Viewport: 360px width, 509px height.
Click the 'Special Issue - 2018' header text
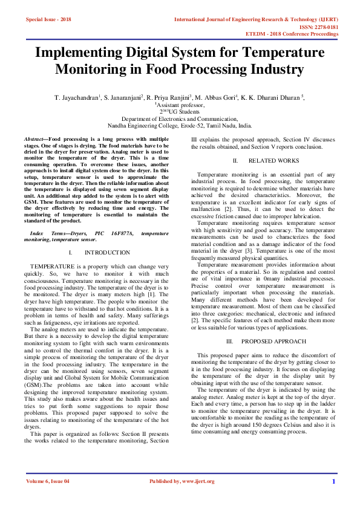click(x=48, y=19)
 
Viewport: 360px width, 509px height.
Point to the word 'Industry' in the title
click(x=272, y=69)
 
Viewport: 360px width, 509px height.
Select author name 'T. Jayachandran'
click(x=77, y=97)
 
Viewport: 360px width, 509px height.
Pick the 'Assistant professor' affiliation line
click(x=180, y=105)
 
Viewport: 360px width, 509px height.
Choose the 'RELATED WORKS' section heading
click(x=273, y=161)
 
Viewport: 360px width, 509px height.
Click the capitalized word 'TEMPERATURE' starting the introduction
click(x=52, y=267)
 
